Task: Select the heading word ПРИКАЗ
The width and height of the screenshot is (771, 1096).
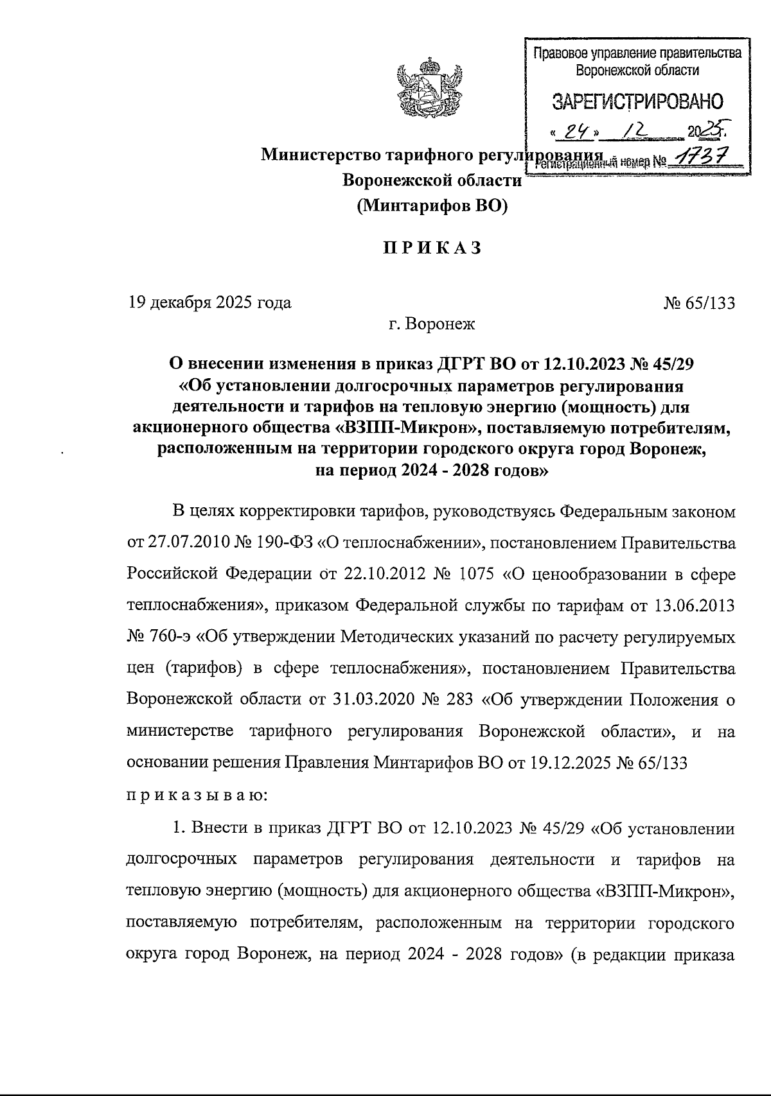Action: [432, 248]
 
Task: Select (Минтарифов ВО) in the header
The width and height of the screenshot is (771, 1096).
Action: [432, 205]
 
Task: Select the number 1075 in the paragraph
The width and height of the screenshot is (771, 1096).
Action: [476, 573]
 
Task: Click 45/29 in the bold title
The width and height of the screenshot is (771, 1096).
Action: [671, 363]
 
